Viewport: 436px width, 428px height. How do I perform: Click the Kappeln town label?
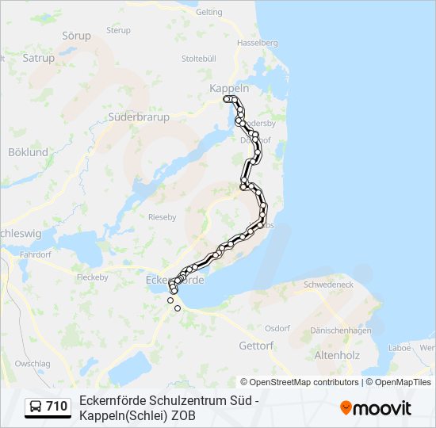pos(229,89)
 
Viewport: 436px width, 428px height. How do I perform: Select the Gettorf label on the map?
pos(256,346)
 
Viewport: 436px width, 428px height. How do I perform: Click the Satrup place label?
pos(39,58)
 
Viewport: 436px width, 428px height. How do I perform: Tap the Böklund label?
pos(28,151)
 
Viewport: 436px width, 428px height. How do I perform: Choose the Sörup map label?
pos(76,36)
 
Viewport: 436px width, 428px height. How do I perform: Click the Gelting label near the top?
pos(208,12)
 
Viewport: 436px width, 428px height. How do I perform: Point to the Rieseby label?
pos(163,216)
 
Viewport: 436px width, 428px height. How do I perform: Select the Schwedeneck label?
pos(328,284)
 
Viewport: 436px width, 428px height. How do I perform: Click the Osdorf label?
pos(277,327)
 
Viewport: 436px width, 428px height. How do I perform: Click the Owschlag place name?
pos(32,363)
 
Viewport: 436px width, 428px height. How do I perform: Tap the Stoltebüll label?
pos(199,58)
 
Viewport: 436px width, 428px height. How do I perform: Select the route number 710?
pos(57,407)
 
